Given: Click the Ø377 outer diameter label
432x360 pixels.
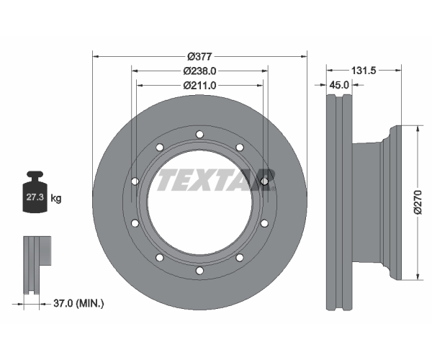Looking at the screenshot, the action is (199, 57).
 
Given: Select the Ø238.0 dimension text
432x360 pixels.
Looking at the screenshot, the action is (199, 71).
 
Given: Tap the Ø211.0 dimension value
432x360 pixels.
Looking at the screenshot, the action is (199, 86).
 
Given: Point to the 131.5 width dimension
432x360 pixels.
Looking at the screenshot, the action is (364, 71).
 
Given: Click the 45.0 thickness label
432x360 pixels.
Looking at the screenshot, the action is (339, 85).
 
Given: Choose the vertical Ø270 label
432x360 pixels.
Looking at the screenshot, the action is (418, 202).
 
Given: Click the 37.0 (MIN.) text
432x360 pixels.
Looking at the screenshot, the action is (78, 304).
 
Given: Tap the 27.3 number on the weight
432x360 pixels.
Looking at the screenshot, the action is (35, 197).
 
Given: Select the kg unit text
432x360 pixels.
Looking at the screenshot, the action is (56, 198).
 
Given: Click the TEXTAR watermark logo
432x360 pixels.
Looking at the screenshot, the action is (216, 180).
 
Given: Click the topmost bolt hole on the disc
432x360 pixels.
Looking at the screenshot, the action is (199, 135).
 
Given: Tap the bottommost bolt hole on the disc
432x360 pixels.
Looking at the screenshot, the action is (199, 271).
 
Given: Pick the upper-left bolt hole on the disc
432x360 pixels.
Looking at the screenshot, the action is (160, 148).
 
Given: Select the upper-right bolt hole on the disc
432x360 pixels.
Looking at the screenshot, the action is (240, 148).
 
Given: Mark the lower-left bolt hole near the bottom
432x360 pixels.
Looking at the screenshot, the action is (160, 258).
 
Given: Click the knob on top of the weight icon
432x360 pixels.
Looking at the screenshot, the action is (35, 175).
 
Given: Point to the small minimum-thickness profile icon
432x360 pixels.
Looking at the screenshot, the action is (37, 265).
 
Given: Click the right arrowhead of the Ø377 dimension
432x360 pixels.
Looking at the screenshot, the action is (304, 57).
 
